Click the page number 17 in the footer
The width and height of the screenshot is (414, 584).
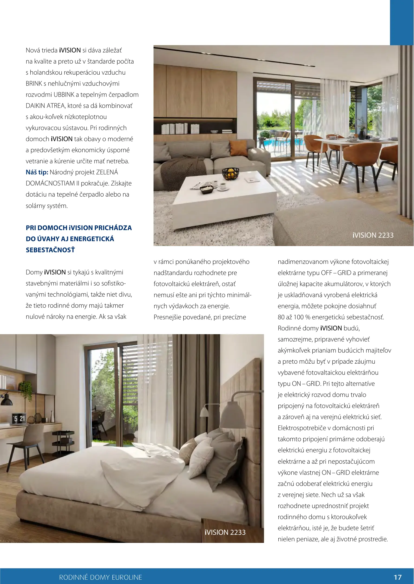[x=397, y=577]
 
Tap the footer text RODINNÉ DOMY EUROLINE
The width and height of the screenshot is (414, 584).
[x=100, y=577]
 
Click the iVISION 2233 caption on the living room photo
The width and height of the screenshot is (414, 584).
[x=373, y=235]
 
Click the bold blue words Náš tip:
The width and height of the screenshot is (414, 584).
[x=37, y=172]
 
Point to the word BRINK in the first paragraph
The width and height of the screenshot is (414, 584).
[x=34, y=84]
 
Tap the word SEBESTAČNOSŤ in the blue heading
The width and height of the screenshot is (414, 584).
[x=50, y=250]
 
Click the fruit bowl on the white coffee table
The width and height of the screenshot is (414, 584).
[x=231, y=173]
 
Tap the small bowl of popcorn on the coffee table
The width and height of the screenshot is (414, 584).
[x=207, y=189]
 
